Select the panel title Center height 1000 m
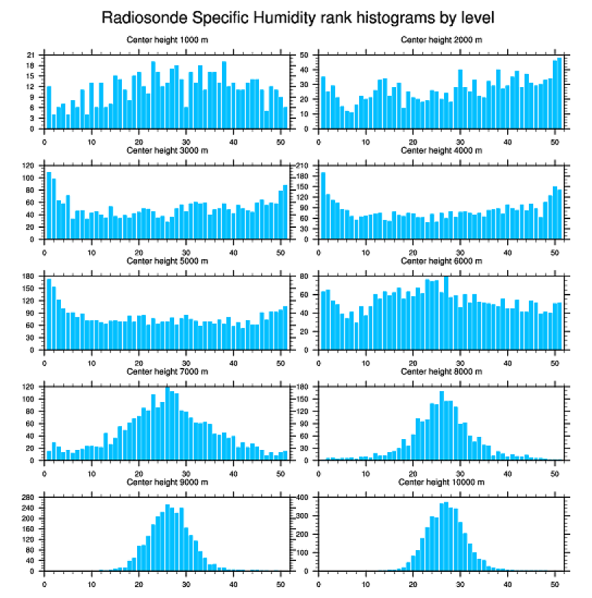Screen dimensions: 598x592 pyautogui.click(x=167, y=39)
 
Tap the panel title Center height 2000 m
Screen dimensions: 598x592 pyautogui.click(x=441, y=39)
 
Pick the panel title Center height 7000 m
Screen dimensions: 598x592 pyautogui.click(x=167, y=372)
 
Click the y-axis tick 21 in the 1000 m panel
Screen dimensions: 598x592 pyautogui.click(x=31, y=55)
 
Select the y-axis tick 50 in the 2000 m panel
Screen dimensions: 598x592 pyautogui.click(x=305, y=55)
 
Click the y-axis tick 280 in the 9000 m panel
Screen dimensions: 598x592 pyautogui.click(x=30, y=498)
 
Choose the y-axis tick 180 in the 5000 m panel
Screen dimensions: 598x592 pyautogui.click(x=30, y=277)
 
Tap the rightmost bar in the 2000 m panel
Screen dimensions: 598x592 pyautogui.click(x=559, y=93)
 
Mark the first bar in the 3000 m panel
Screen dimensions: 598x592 pyautogui.click(x=49, y=205)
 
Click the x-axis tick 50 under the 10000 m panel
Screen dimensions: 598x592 pyautogui.click(x=554, y=583)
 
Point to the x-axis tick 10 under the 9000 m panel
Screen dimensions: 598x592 pyautogui.click(x=91, y=583)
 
